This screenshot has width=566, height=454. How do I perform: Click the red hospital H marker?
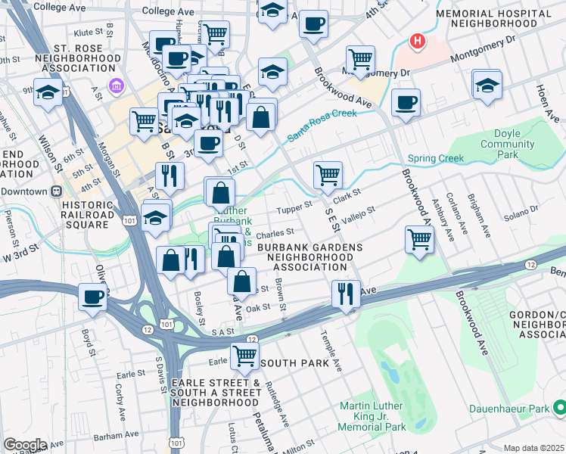pyautogui.click(x=415, y=40)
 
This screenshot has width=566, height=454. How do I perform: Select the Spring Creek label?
pyautogui.click(x=435, y=159)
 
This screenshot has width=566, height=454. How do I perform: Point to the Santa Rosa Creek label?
pyautogui.click(x=322, y=125)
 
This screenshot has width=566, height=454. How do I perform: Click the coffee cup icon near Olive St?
pyautogui.click(x=92, y=297)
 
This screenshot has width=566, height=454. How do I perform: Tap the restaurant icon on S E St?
pyautogui.click(x=346, y=294)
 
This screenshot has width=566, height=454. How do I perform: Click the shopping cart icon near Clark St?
pyautogui.click(x=328, y=175)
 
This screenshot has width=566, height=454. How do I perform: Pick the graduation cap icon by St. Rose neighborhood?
pyautogui.click(x=48, y=94)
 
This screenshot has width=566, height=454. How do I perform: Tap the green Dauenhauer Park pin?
pyautogui.click(x=559, y=409)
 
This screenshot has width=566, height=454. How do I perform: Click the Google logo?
pyautogui.click(x=25, y=445)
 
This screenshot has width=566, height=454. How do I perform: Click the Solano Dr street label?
pyautogui.click(x=522, y=209)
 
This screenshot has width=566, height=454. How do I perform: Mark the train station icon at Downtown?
pyautogui.click(x=56, y=191)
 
